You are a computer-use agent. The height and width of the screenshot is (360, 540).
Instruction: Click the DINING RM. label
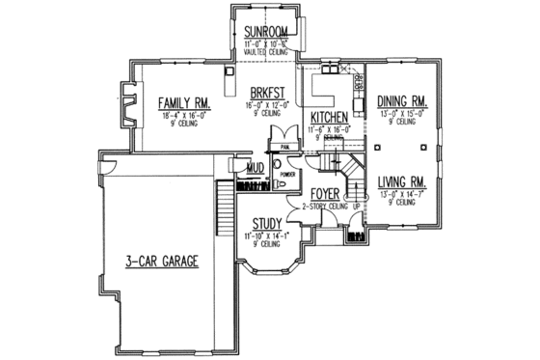(402, 99)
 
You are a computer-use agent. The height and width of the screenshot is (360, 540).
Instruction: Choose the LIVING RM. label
(403, 180)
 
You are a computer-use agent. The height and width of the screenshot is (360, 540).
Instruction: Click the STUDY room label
(266, 223)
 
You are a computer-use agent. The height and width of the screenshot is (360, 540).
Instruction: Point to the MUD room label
(256, 168)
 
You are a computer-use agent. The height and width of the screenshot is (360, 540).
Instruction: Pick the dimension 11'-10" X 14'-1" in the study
(266, 235)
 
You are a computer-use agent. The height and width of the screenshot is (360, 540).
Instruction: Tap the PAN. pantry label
(285, 147)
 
